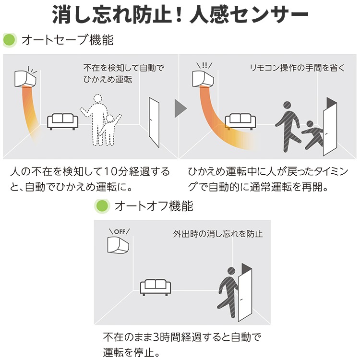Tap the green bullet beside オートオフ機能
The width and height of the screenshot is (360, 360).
coord(102,206)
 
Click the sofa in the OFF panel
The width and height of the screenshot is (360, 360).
coord(156,288)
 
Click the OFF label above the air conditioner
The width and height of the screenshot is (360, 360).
coord(120,231)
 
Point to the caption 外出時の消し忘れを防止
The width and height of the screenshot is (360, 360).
coord(218,234)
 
